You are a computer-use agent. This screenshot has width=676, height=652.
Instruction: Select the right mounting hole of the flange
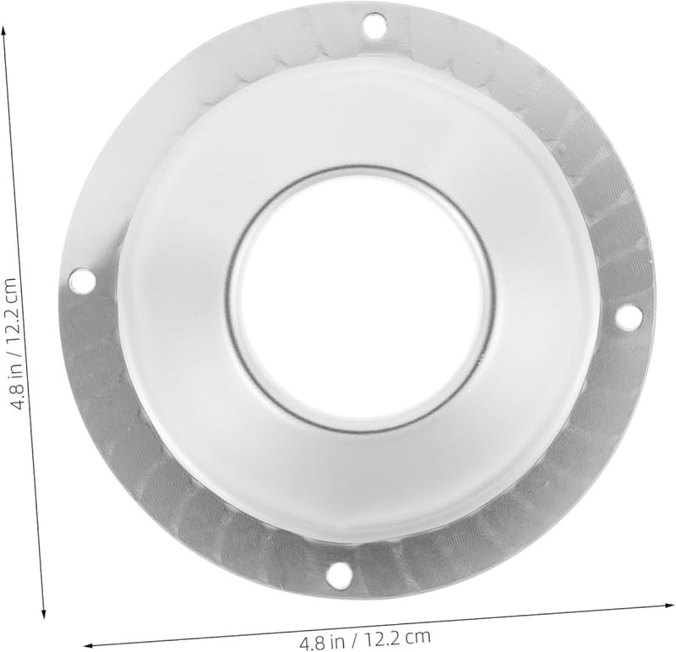click(626, 316)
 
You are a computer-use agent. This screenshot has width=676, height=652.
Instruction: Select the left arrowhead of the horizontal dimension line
click(84, 643)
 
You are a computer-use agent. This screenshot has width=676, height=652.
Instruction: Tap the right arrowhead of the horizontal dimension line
click(668, 603)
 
